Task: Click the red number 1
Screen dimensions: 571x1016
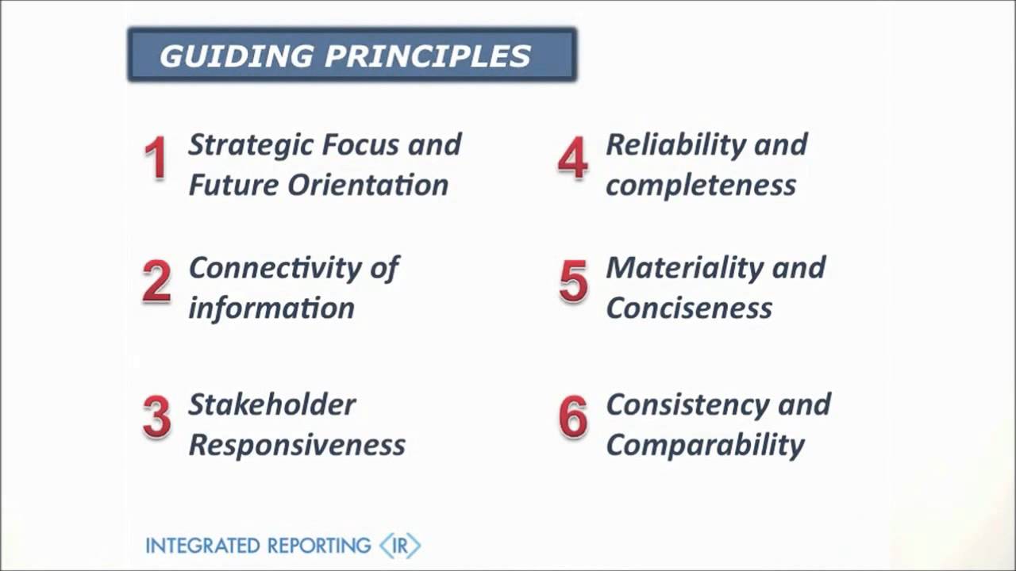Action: (x=156, y=158)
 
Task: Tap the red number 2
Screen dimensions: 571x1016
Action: (x=156, y=282)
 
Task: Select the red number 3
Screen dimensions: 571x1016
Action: (x=156, y=417)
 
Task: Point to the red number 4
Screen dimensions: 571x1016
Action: (x=572, y=158)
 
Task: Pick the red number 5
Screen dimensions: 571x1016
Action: (x=573, y=282)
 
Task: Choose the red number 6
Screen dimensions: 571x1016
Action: (x=573, y=417)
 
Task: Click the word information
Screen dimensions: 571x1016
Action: (x=271, y=308)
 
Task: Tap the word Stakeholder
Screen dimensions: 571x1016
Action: (x=271, y=404)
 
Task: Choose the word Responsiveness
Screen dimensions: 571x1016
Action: (x=296, y=445)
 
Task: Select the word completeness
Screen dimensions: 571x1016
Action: (x=700, y=186)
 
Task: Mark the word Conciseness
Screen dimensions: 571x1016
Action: (x=688, y=308)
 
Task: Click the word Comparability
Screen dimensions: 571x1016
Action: (x=705, y=445)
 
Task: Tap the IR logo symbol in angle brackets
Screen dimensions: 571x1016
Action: (x=400, y=546)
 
